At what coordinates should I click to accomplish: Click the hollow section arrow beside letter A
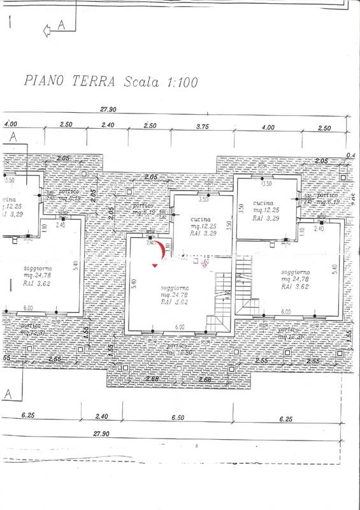point(47,29)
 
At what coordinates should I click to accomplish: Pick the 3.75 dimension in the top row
point(203,126)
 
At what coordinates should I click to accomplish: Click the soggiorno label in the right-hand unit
point(296,272)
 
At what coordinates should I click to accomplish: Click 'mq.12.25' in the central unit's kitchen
point(203,226)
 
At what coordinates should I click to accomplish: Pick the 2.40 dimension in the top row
point(106,126)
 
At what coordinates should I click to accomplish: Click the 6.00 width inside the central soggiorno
point(180,327)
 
